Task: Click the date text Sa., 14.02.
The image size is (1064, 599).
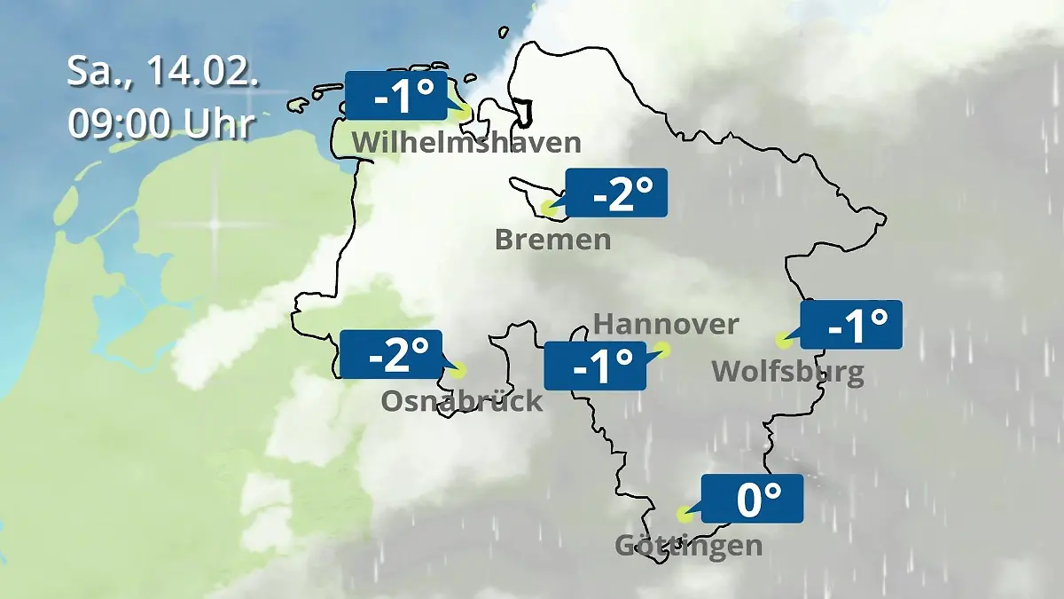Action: (163, 72)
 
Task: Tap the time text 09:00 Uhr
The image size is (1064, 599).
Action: (161, 123)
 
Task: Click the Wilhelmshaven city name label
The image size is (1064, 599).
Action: (466, 142)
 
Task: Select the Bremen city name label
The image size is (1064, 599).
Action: (553, 240)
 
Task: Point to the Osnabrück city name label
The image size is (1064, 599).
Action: (462, 401)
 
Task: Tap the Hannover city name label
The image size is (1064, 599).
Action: (665, 324)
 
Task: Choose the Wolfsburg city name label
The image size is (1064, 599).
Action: (787, 371)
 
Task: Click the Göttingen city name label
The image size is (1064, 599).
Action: (688, 545)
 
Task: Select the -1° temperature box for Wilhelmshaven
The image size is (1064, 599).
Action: (395, 95)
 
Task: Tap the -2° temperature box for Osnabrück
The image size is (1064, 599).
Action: (391, 354)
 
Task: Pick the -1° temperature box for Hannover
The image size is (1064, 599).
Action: (594, 365)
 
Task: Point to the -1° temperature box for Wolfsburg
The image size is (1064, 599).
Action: (851, 324)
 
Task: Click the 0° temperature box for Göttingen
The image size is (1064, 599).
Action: (752, 498)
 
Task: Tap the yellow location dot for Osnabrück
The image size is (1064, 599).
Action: (457, 370)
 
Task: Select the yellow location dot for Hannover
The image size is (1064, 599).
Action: (662, 350)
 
